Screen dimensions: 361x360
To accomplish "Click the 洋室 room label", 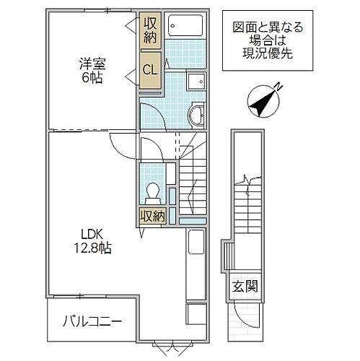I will coord(92,63).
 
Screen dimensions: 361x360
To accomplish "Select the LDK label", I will coord(92,234).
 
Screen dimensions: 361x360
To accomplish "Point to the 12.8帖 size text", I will coord(92,248).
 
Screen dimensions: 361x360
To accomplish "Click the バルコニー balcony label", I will coord(91,319).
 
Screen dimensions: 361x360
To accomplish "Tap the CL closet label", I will coord(150,70).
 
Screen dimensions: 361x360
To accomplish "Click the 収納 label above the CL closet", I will coord(150,30).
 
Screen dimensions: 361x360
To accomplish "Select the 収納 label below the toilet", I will coord(152,215).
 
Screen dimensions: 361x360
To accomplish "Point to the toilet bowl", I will coord(152,191).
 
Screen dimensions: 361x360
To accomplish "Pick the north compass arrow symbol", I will coord(261,100).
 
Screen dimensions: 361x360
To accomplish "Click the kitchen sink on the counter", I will coord(196,243).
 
